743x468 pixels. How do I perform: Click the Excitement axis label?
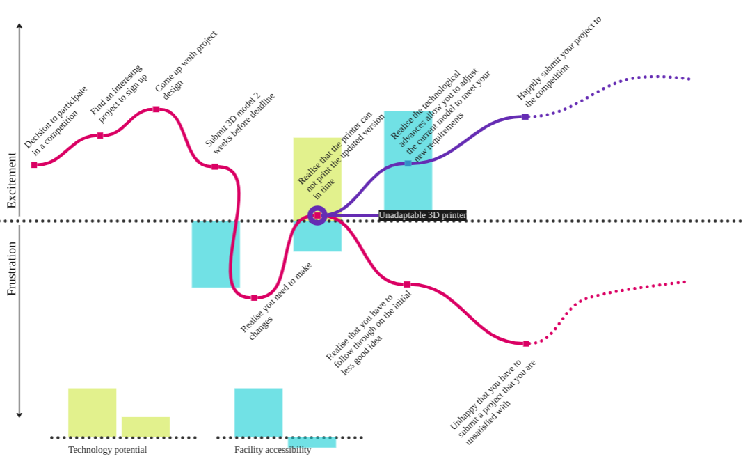coord(11,181)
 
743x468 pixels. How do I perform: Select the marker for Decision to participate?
coord(34,165)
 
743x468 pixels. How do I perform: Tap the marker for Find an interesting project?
coord(100,136)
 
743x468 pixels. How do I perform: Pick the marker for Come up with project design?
coord(156,109)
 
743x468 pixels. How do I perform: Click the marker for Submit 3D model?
coord(215,166)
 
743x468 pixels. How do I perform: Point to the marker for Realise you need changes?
coord(254,298)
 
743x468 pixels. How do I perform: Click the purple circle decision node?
coord(317,215)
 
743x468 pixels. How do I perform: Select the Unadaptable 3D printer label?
coord(422,215)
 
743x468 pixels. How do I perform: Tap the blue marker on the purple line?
coord(408,164)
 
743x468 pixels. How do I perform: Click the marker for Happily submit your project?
coord(526,117)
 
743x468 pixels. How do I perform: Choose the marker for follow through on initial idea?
coord(407,284)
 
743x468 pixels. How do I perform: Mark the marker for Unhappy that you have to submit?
coord(526,343)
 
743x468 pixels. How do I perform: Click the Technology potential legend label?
coord(107,450)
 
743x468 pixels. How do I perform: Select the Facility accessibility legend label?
coord(273,450)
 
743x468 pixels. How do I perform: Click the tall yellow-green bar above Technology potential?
coord(92,412)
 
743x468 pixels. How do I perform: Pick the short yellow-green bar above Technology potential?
coord(145,427)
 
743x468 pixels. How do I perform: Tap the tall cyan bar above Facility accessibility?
coord(258,412)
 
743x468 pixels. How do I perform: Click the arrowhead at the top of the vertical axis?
coord(19,26)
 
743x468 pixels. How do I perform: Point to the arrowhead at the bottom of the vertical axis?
coord(19,415)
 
